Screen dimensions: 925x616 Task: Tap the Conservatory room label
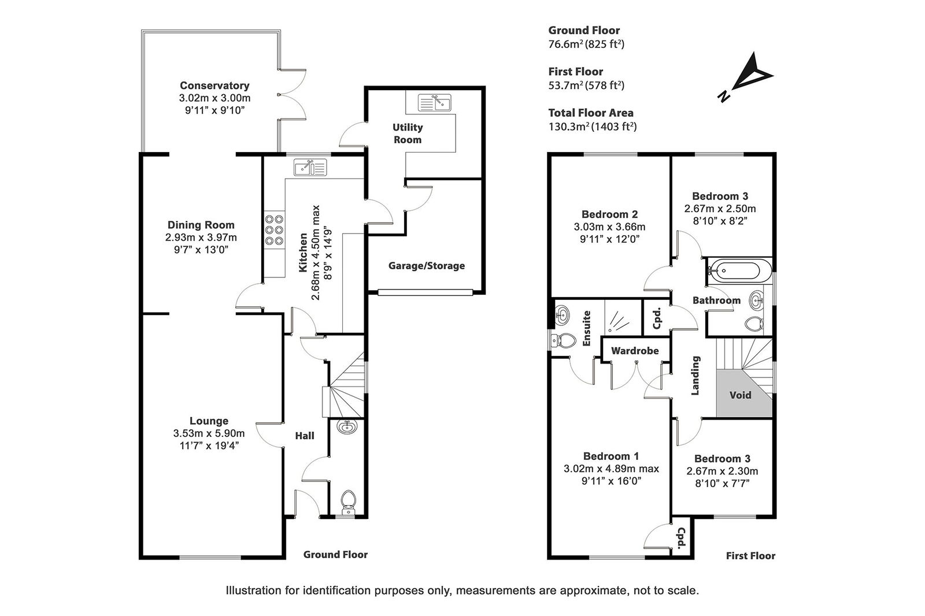pos(214,86)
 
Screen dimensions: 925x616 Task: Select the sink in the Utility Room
pos(434,102)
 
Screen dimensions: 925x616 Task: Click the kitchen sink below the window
pos(310,167)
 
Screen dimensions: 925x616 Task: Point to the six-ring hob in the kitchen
pos(274,230)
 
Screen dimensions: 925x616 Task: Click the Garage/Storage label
pos(427,265)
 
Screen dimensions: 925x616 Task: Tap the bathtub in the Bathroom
pos(734,271)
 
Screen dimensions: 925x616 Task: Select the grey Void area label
pos(740,395)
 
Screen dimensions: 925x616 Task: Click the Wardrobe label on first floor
pos(635,351)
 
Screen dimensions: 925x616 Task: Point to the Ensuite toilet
pos(564,340)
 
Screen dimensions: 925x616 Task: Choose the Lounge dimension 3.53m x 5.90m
pos(209,433)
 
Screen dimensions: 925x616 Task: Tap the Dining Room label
pos(201,225)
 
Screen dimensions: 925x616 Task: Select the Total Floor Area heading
pos(591,113)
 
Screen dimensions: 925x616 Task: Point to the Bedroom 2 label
pos(609,214)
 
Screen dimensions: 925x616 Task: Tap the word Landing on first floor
pos(695,375)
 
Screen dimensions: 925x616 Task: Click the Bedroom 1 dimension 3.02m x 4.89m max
pos(611,469)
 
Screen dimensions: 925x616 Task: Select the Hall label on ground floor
pos(305,436)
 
